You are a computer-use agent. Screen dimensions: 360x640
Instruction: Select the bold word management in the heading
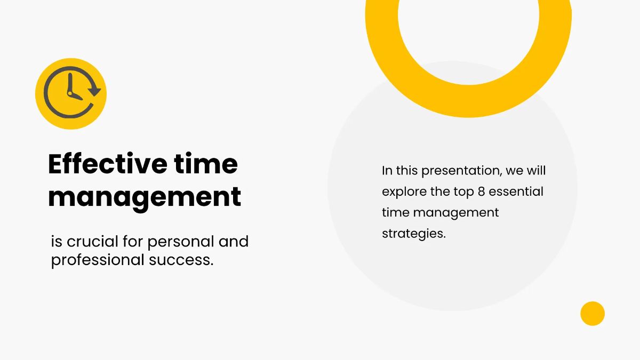click(145, 197)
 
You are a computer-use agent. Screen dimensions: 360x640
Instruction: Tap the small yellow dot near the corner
click(592, 313)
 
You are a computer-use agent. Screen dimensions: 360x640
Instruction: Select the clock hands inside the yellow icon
click(71, 89)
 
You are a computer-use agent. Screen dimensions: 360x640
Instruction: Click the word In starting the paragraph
click(387, 171)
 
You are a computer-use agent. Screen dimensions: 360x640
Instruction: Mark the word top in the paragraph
click(463, 192)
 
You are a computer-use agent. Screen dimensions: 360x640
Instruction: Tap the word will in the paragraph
click(535, 171)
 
